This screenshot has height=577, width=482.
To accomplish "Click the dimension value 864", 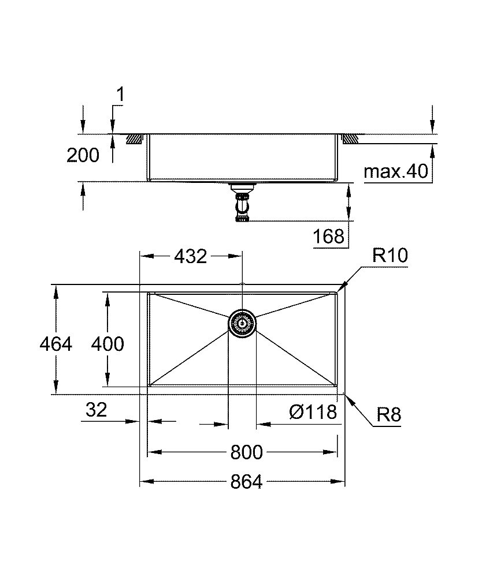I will coord(247,482).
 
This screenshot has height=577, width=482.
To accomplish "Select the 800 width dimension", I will coord(247,452).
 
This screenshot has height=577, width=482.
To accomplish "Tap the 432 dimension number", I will coord(190,256).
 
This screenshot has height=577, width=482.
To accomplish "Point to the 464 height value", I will coord(56,344).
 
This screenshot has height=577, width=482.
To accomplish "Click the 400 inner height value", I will coord(107,344).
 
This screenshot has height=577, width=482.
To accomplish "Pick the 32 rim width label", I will coord(96,410).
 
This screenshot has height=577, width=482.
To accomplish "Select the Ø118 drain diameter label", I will coord(313,412).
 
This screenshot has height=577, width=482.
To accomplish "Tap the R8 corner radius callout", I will coord(388,415).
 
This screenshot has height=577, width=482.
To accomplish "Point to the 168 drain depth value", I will coord(330,237).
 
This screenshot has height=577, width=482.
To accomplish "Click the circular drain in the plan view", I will coord(242,323).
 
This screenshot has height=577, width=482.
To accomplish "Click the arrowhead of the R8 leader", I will coord(346,396).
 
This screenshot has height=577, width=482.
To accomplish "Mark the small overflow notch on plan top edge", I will coord(242,284).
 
